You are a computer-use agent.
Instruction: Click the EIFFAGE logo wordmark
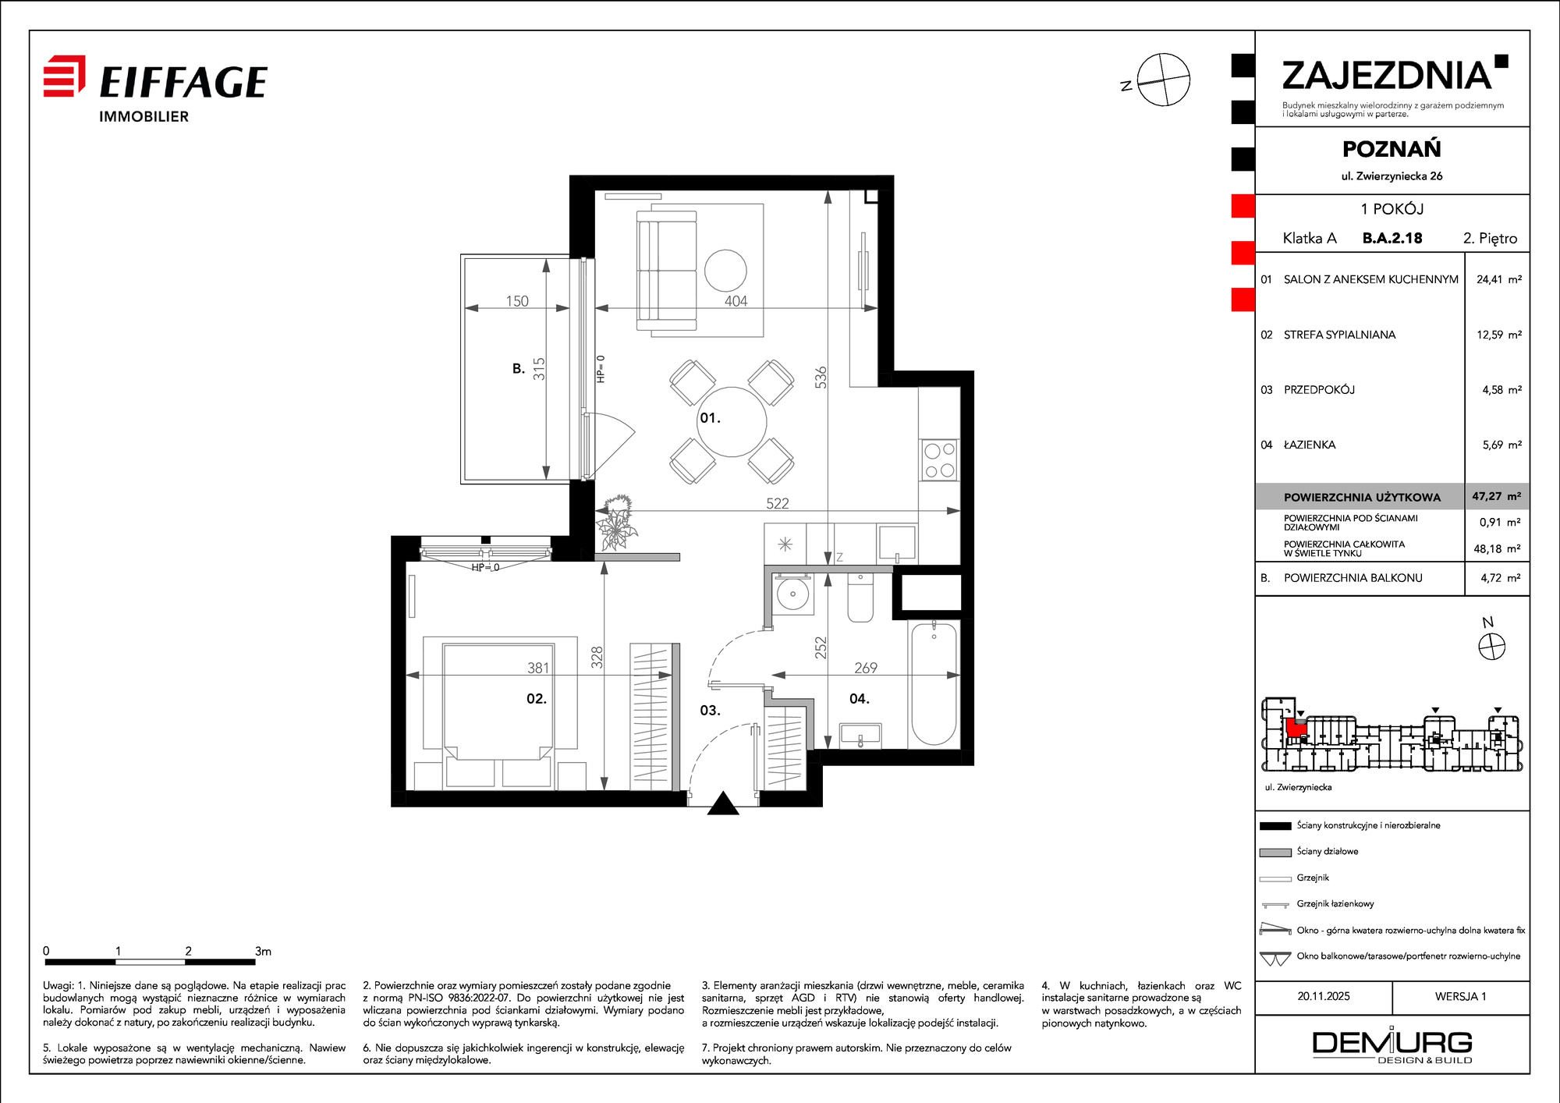tap(183, 82)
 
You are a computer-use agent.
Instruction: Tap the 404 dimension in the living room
tap(736, 301)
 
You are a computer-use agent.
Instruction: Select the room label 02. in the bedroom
tap(537, 699)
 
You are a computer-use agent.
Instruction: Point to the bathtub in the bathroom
tap(934, 683)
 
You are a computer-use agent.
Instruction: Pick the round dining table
tap(732, 421)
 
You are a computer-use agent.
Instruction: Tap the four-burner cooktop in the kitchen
tap(939, 459)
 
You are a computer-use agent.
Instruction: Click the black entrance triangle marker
tap(723, 804)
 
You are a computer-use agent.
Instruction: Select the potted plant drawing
tap(617, 523)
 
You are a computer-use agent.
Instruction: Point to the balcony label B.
tap(519, 368)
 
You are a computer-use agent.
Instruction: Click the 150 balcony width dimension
tap(517, 301)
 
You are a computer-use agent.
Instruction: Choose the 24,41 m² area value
tap(1498, 279)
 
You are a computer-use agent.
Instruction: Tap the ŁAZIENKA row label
tap(1310, 445)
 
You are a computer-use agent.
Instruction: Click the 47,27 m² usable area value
tap(1496, 496)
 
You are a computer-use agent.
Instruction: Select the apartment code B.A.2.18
tap(1392, 238)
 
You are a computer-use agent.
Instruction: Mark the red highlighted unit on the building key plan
tap(1296, 728)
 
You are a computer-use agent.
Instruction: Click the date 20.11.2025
tap(1324, 996)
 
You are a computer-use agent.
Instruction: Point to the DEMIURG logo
tap(1392, 1045)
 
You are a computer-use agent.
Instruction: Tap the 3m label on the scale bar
tap(263, 951)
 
